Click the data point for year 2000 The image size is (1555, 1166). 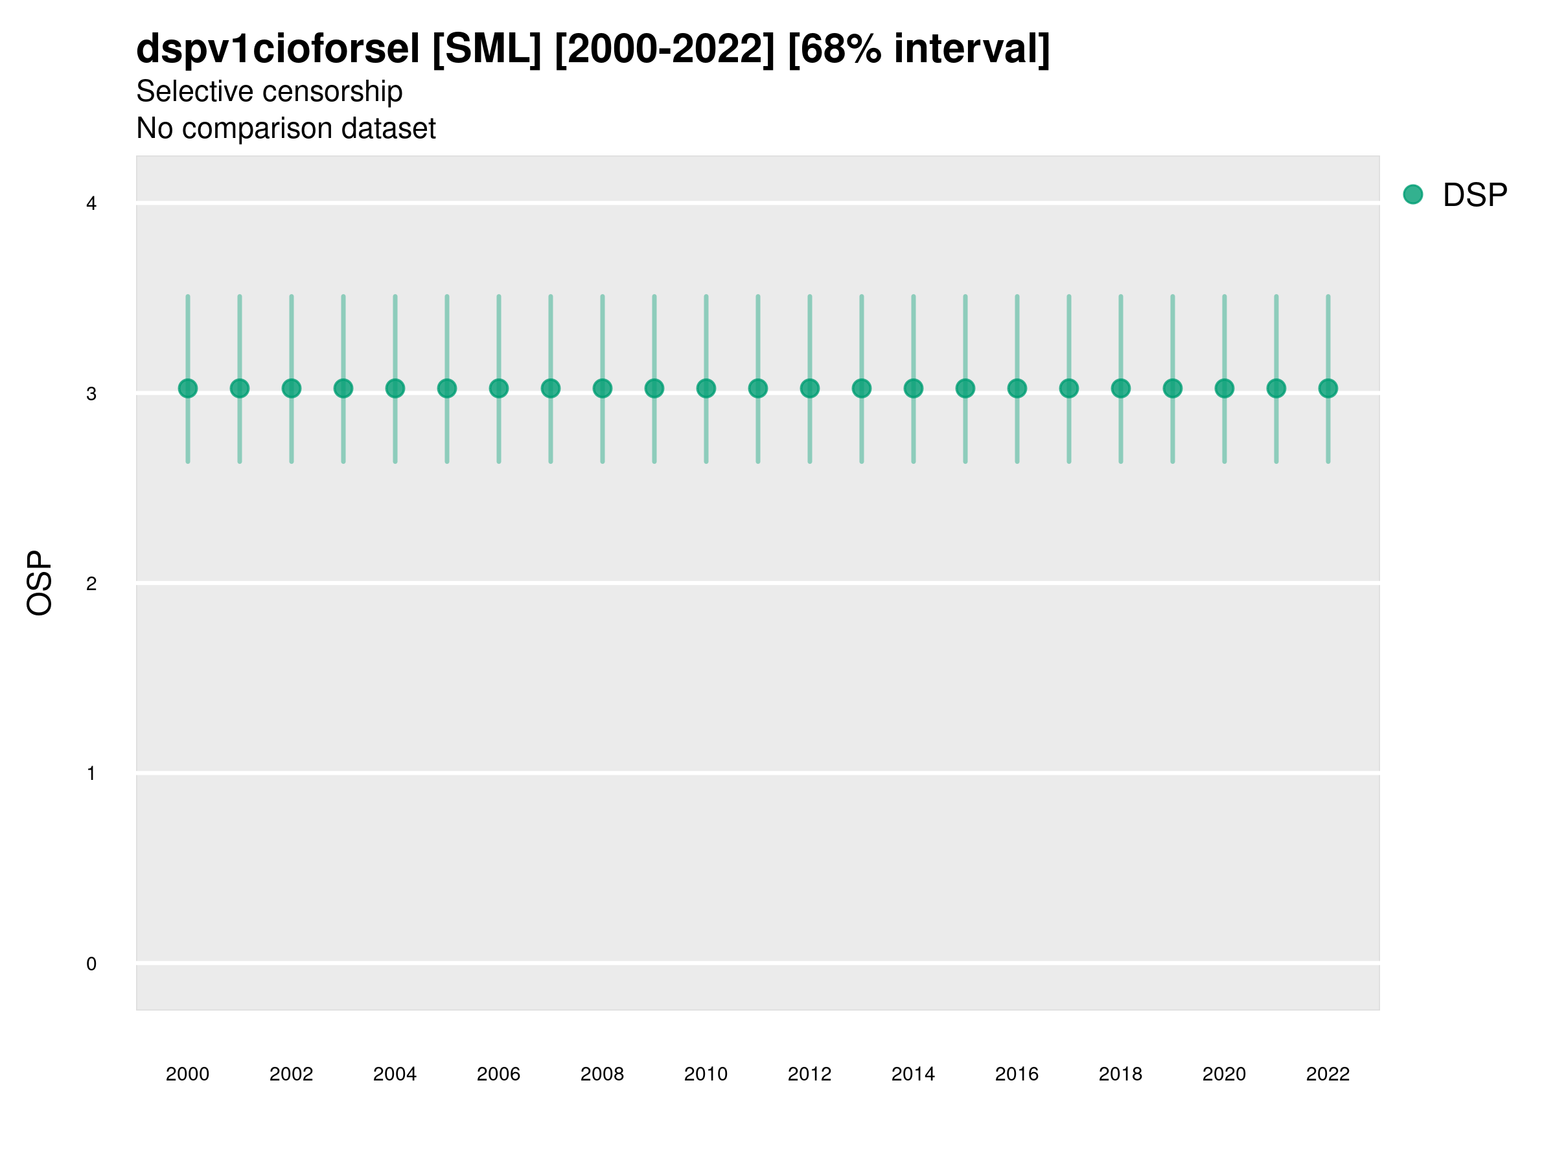[188, 388]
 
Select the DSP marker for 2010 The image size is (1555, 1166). [706, 388]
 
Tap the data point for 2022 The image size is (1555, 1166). [1328, 388]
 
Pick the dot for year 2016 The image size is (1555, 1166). [1017, 388]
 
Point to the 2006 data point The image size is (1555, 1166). [498, 388]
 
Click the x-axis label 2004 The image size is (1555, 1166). [395, 1074]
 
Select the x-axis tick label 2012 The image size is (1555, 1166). [809, 1074]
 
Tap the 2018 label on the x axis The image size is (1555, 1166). [1120, 1074]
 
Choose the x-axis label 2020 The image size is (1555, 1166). [1224, 1074]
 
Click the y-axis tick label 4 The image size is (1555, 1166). [91, 204]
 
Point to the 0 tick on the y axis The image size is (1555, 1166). [91, 964]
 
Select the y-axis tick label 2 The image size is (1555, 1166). [91, 584]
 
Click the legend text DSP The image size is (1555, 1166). [1475, 196]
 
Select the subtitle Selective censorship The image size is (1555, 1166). [270, 91]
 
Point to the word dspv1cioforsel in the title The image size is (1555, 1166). [278, 49]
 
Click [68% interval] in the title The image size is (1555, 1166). [919, 49]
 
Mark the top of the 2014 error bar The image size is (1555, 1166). [913, 297]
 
